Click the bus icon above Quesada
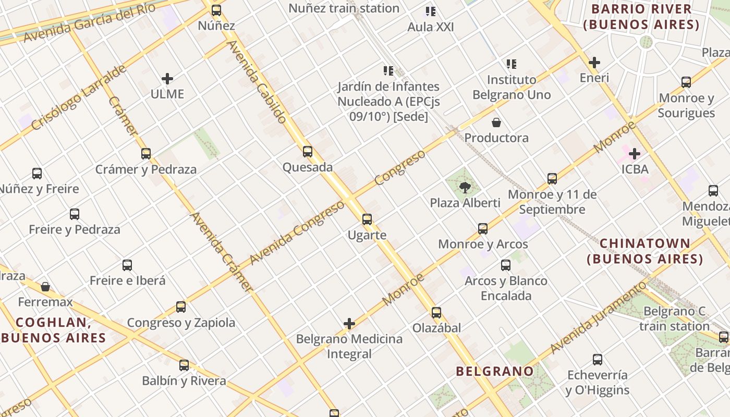pyautogui.click(x=308, y=152)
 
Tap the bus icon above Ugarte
pyautogui.click(x=367, y=219)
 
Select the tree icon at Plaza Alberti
pyautogui.click(x=465, y=187)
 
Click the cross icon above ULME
pyautogui.click(x=167, y=79)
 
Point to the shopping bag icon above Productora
pyautogui.click(x=496, y=122)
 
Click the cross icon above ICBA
pyautogui.click(x=635, y=154)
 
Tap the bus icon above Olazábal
pyautogui.click(x=436, y=313)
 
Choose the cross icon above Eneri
pyautogui.click(x=594, y=63)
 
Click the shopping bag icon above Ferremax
pyautogui.click(x=45, y=287)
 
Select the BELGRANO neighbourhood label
pyautogui.click(x=495, y=371)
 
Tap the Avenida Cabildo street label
pyautogui.click(x=257, y=82)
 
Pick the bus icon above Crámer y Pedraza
pyautogui.click(x=146, y=154)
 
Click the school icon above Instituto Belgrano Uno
pyautogui.click(x=512, y=64)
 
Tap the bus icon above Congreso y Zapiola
pyautogui.click(x=181, y=307)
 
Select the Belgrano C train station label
pyautogui.click(x=674, y=318)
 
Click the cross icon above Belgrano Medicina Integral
pyautogui.click(x=349, y=324)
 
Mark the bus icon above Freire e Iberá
pyautogui.click(x=127, y=265)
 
